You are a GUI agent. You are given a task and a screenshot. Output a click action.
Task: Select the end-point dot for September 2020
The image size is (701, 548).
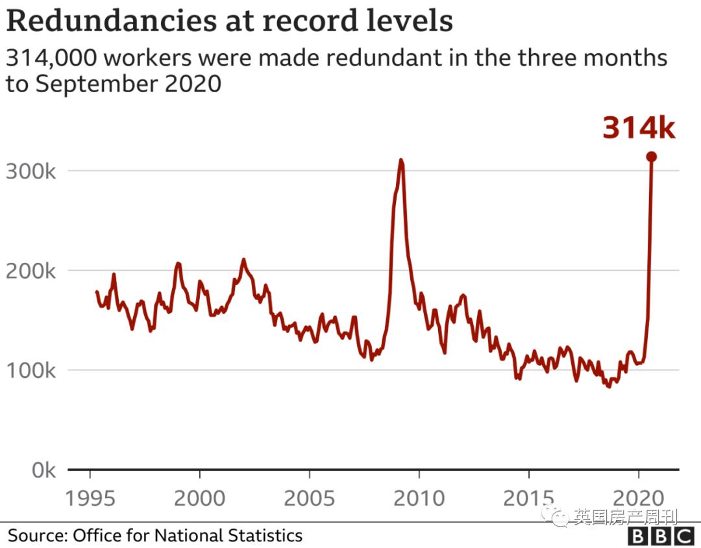pos(651,156)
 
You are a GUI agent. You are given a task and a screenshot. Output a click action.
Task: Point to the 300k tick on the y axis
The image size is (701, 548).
pos(33,171)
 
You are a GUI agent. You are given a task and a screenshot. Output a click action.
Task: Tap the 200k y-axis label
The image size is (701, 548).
pos(33,271)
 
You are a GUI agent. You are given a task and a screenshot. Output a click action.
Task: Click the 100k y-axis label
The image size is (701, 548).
pos(33,371)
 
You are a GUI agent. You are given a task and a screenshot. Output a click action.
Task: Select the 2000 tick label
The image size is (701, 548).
pos(199,499)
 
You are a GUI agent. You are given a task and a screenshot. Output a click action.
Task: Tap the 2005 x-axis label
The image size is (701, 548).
pos(309,499)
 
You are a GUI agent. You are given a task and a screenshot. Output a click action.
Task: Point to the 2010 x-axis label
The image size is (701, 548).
pos(419,499)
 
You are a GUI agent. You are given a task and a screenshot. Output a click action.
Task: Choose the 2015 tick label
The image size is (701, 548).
pos(528,499)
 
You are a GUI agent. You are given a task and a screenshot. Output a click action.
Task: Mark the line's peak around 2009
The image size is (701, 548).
pos(401,160)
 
